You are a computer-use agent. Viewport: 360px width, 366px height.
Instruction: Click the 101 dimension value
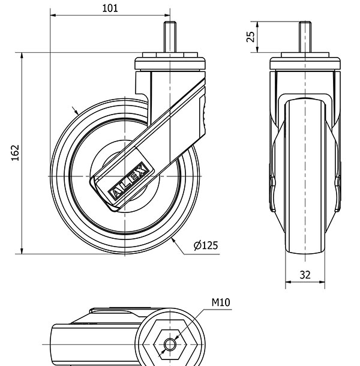110,8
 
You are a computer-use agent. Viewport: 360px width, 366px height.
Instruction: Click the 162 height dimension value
16,153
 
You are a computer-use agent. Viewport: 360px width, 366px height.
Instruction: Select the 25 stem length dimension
251,37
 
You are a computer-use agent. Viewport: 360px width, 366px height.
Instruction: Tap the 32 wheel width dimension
305,275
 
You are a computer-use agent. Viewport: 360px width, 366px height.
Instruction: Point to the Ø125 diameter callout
206,245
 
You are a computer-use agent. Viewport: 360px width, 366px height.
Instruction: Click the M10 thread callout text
221,302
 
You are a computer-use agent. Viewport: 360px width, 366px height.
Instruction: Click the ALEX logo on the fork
128,181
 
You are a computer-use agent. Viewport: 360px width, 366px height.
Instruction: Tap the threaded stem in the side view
170,37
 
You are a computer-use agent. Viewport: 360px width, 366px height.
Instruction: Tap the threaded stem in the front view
305,37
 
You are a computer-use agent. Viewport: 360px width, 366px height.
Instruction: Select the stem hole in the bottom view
170,344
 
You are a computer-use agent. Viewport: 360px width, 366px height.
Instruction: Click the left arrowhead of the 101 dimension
53,16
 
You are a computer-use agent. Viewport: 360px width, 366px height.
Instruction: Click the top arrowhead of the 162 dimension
22,56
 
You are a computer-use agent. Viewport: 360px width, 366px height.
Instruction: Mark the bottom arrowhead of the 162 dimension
22,251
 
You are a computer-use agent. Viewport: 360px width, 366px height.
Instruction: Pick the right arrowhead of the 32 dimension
322,282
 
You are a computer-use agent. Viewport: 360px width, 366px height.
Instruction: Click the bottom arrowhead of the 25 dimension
257,49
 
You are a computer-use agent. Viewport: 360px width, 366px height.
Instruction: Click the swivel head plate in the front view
305,63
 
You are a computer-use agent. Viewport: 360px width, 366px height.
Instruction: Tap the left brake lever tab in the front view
272,194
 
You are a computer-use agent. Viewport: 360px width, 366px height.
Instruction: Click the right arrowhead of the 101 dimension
167,16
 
